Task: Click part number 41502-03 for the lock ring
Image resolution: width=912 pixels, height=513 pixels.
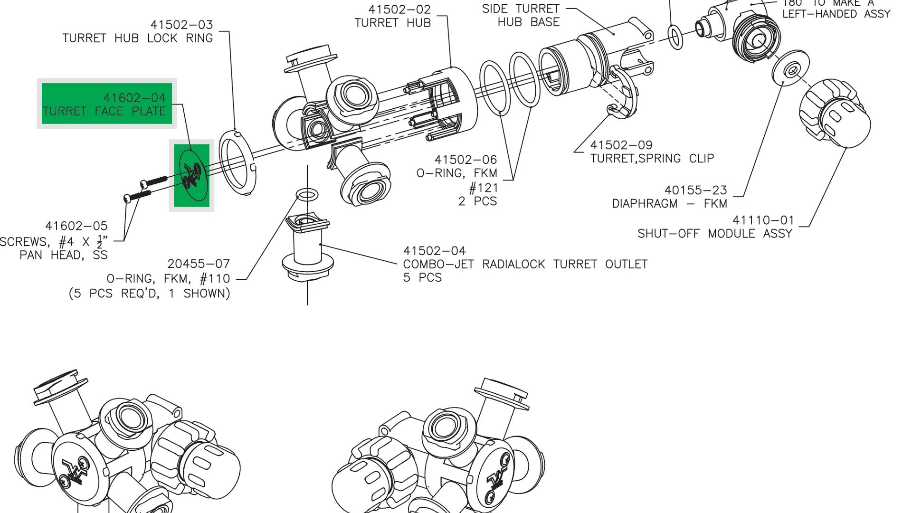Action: coord(181,25)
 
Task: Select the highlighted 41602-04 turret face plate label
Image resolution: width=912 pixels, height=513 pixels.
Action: coord(107,104)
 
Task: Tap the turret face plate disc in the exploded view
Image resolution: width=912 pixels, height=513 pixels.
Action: coord(192,176)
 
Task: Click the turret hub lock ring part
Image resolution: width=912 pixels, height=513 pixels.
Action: coord(237,161)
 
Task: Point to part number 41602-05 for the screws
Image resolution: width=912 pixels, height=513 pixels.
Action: coord(76,226)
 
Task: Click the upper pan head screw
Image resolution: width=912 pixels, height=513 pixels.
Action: coord(154,181)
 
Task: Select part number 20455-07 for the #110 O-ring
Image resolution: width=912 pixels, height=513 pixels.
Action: coord(199,264)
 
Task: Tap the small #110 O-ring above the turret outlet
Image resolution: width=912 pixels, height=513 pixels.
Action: coord(307,194)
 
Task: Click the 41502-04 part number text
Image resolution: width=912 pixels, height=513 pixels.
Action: coord(434,251)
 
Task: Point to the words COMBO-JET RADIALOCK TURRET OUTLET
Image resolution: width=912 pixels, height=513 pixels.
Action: coord(525,265)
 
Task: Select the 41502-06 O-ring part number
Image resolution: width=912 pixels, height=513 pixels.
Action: coord(465,160)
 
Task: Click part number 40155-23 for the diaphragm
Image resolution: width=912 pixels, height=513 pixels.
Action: coord(695,190)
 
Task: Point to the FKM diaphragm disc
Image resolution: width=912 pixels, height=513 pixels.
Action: coord(791,66)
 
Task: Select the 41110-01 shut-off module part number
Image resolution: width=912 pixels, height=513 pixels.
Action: coord(763,220)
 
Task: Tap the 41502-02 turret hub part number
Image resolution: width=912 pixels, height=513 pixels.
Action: coord(399,9)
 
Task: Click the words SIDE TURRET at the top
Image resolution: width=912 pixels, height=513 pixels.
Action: coord(521,9)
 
